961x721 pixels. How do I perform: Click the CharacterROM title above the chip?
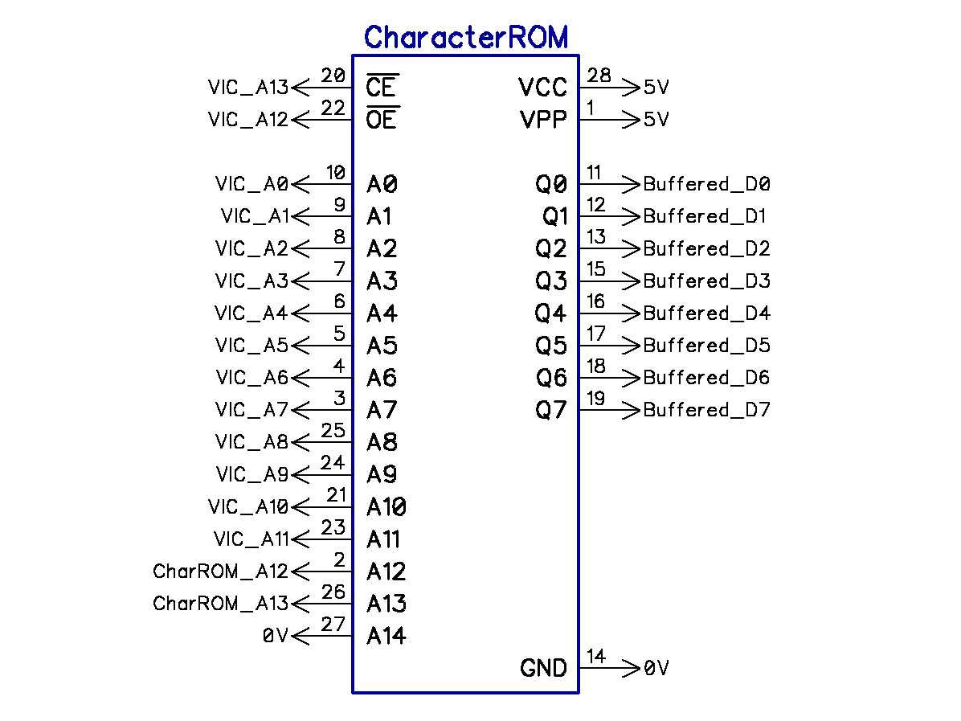pyautogui.click(x=465, y=37)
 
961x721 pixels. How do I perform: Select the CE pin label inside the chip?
pyautogui.click(x=382, y=87)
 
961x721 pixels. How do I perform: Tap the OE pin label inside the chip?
pyautogui.click(x=382, y=120)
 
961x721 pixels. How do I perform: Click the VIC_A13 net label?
pyautogui.click(x=247, y=88)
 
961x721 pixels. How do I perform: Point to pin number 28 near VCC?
pyautogui.click(x=599, y=76)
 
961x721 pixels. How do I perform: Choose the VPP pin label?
pyautogui.click(x=543, y=120)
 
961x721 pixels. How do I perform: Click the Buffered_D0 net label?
pyautogui.click(x=706, y=184)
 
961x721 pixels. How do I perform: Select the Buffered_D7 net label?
pyautogui.click(x=706, y=410)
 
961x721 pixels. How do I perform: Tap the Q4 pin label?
pyautogui.click(x=551, y=313)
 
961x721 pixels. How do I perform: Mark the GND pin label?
pyautogui.click(x=543, y=668)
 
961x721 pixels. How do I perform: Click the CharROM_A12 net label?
pyautogui.click(x=220, y=571)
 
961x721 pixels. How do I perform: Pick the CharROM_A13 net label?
pyautogui.click(x=220, y=604)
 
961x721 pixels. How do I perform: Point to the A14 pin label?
pyautogui.click(x=386, y=636)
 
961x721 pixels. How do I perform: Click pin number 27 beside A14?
pyautogui.click(x=333, y=625)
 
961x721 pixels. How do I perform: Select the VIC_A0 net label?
pyautogui.click(x=251, y=184)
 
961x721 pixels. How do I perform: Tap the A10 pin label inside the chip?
pyautogui.click(x=386, y=507)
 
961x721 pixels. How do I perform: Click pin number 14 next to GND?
pyautogui.click(x=595, y=657)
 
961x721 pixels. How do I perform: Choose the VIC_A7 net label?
pyautogui.click(x=251, y=410)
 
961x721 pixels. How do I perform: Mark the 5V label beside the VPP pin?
pyautogui.click(x=656, y=120)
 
